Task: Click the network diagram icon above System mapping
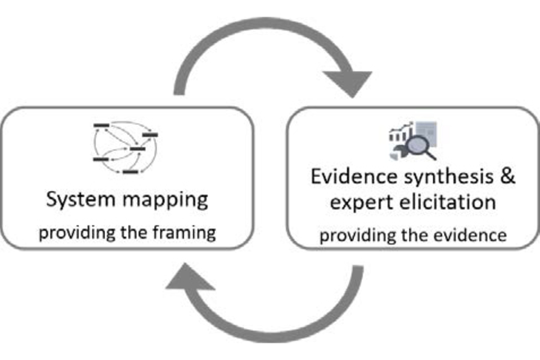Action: pos(125,146)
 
